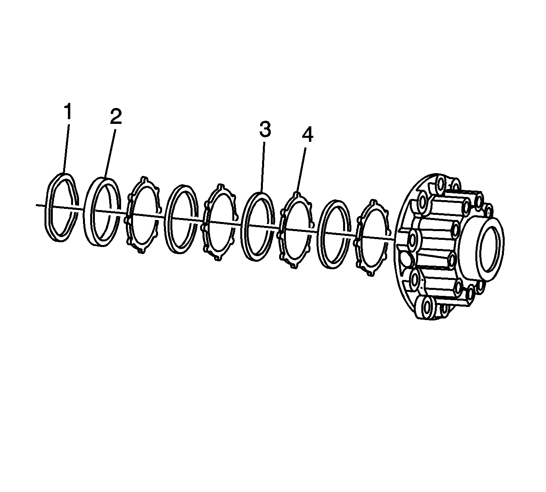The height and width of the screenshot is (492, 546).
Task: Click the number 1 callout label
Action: click(68, 111)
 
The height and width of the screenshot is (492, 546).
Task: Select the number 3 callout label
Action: click(265, 129)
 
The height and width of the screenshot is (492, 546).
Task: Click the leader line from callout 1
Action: click(66, 149)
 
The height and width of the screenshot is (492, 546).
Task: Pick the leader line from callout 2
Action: click(110, 153)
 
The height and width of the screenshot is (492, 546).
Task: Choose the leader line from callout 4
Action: click(301, 170)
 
